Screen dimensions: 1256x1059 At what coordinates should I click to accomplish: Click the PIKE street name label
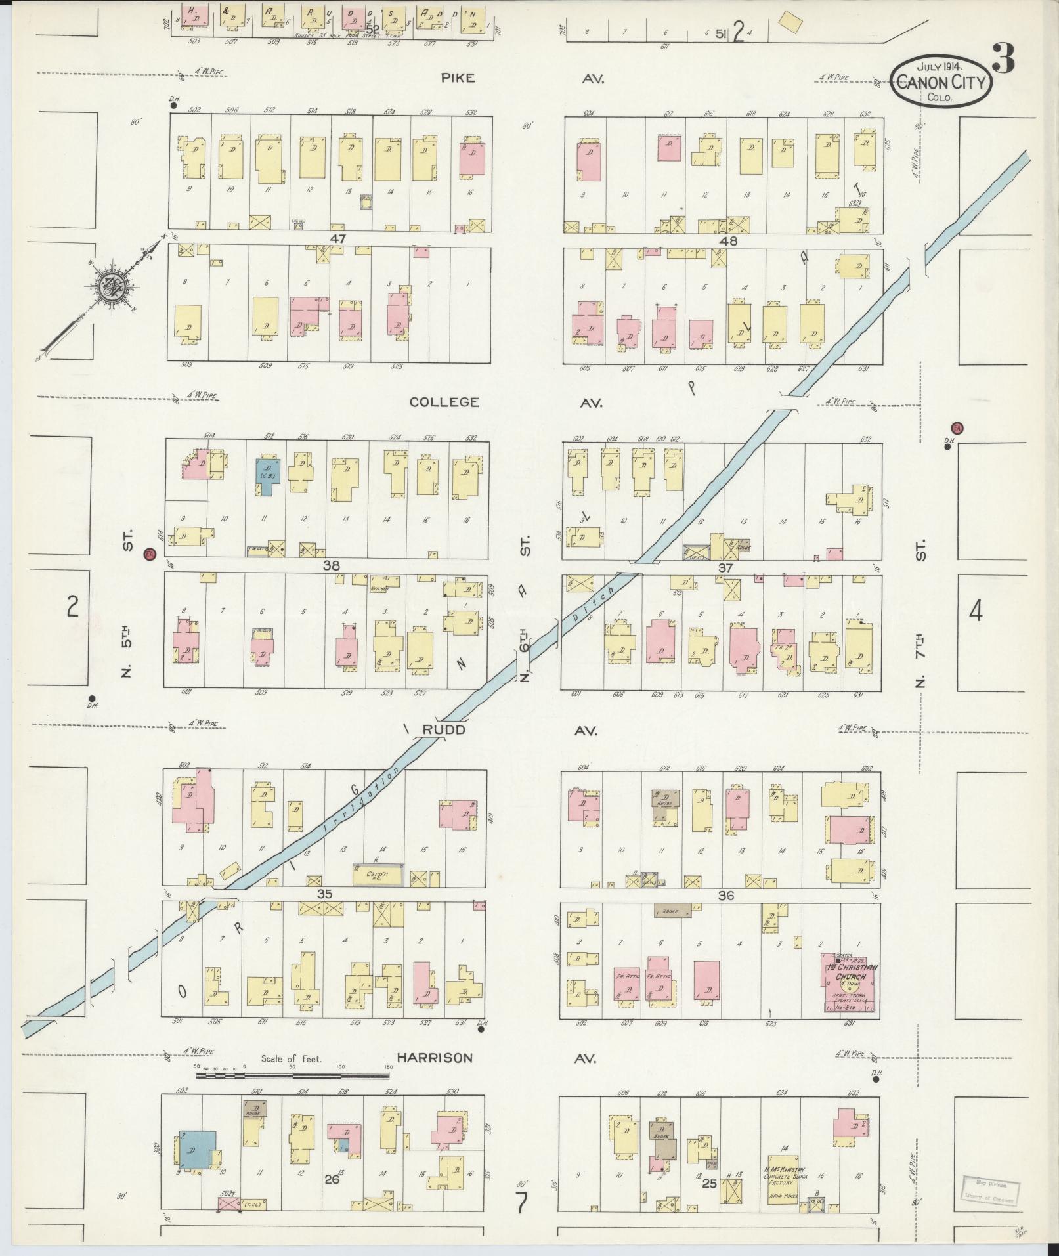[458, 78]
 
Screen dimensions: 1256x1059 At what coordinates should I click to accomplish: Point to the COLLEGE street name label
[444, 402]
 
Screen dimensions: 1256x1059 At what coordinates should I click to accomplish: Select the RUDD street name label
[444, 730]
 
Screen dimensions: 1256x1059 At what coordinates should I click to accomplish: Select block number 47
[338, 238]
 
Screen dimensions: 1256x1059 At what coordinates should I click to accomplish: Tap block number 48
[729, 241]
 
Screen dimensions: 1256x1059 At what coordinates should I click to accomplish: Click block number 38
[331, 565]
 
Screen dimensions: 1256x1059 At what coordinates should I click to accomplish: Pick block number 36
[725, 896]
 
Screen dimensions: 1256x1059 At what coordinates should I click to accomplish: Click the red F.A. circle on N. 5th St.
[150, 554]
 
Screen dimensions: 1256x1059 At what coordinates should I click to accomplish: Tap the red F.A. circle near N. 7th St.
[957, 429]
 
